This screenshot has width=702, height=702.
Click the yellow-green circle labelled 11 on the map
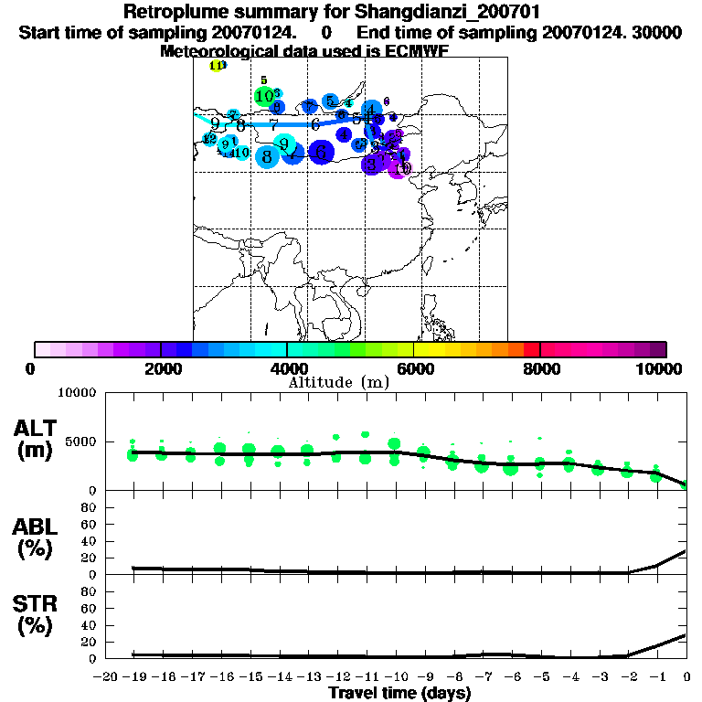tap(216, 66)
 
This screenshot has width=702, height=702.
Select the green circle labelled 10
tap(263, 96)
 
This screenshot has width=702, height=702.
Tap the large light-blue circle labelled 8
tap(267, 157)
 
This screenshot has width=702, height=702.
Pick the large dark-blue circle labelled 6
tap(321, 153)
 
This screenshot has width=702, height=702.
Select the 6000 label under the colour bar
tap(414, 368)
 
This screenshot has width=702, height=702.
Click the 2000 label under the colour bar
tap(161, 368)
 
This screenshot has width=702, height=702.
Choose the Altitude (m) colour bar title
tap(338, 382)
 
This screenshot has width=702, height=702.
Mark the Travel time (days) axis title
tap(399, 694)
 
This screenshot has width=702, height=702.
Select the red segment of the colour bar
tap(531, 349)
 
